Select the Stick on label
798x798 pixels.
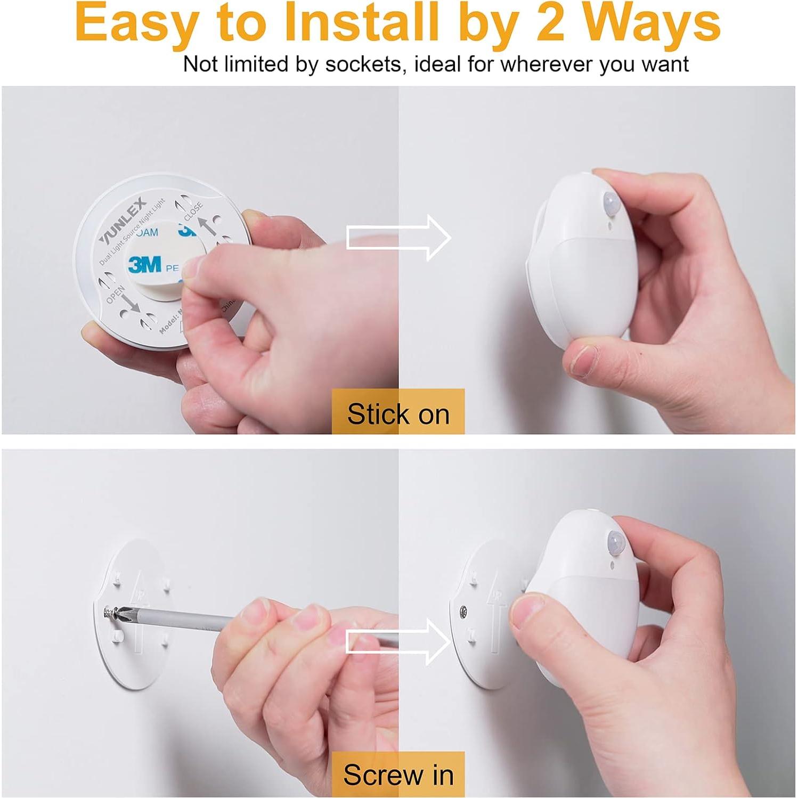(x=398, y=413)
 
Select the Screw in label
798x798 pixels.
(x=398, y=774)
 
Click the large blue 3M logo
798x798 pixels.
(x=145, y=264)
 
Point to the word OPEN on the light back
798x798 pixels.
(x=116, y=294)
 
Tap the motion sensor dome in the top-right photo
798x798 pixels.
(x=610, y=203)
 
